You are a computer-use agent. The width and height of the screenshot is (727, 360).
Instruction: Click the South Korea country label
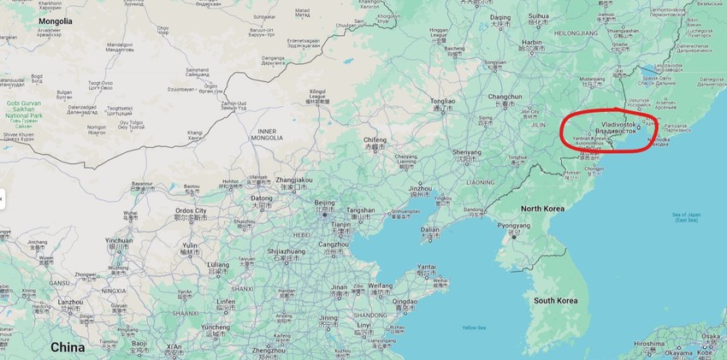pyautogui.click(x=557, y=301)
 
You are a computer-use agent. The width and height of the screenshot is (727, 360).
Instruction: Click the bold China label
pyautogui.click(x=68, y=347)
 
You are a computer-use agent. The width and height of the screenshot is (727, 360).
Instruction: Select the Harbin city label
pyautogui.click(x=533, y=42)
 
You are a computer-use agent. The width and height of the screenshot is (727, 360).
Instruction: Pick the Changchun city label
pyautogui.click(x=505, y=97)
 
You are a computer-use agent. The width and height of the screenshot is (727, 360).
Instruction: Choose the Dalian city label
pyautogui.click(x=429, y=230)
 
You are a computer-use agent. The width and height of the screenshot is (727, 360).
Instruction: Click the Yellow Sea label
pyautogui.click(x=473, y=328)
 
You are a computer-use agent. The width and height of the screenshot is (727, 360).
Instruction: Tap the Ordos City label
pyautogui.click(x=189, y=211)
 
